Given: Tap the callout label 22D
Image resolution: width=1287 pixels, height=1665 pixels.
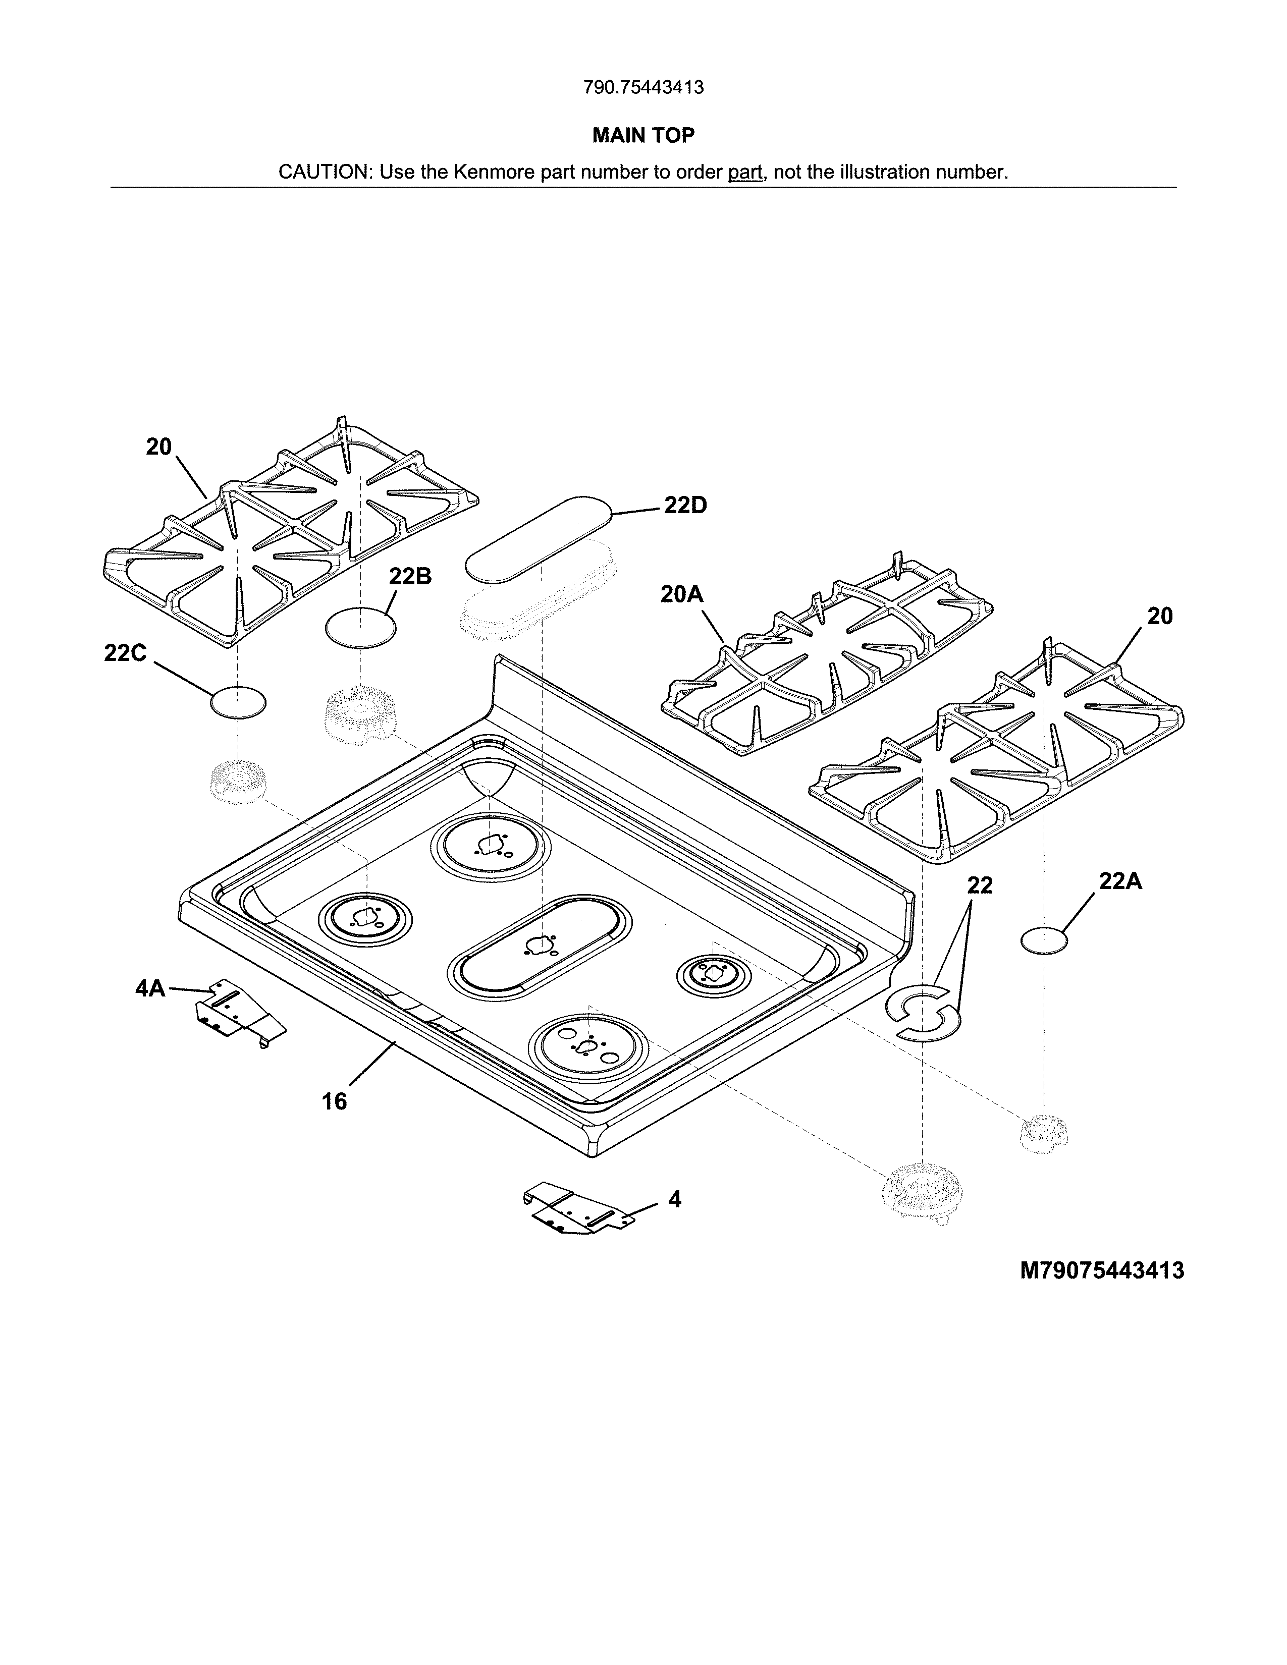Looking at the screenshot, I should click(685, 506).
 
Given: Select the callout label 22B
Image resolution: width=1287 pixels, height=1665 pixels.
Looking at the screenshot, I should click(410, 577).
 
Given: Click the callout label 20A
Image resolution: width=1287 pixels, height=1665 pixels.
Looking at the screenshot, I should click(682, 595).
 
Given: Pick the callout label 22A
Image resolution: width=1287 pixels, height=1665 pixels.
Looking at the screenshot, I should click(1120, 881).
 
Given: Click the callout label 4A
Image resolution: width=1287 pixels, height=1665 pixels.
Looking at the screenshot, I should click(150, 989).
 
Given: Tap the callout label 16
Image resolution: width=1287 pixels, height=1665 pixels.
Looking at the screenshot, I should click(334, 1101).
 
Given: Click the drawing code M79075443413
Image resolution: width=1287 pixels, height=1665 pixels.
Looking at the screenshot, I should click(1102, 1271).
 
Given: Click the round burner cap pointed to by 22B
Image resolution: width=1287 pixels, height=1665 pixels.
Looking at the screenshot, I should click(361, 628).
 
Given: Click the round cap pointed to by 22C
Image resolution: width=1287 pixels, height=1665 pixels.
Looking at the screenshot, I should click(239, 701).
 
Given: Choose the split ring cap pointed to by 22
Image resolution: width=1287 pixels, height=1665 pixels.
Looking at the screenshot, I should click(923, 1013).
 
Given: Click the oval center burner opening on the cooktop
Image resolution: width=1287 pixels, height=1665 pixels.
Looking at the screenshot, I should click(540, 946).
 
